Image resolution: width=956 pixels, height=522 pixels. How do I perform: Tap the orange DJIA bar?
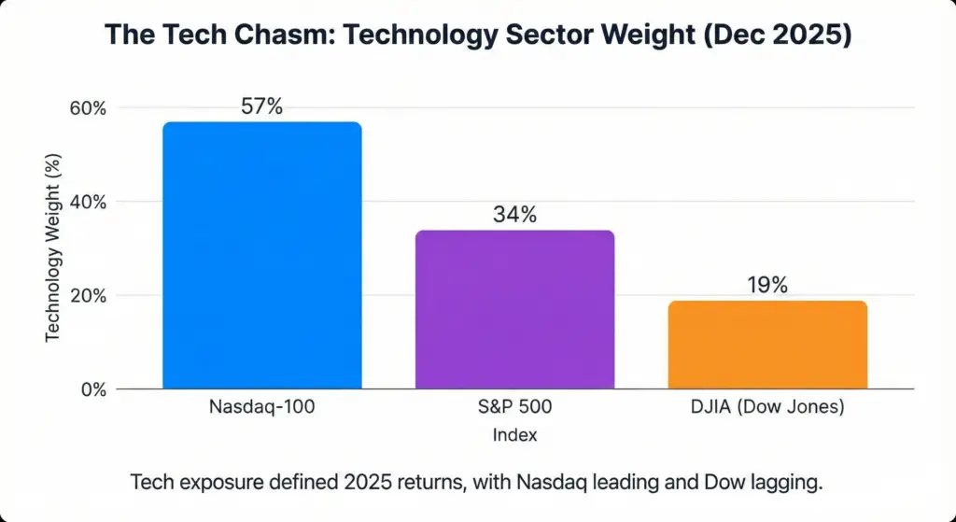(x=767, y=345)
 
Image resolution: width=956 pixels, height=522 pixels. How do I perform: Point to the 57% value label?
(x=261, y=106)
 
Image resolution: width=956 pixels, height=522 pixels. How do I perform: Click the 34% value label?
(x=514, y=215)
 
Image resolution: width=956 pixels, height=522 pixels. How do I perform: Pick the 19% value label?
(x=767, y=286)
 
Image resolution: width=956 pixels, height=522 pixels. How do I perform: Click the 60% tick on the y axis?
(x=89, y=108)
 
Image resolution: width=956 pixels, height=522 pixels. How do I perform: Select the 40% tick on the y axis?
(x=89, y=202)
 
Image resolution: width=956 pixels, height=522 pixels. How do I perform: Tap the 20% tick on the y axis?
(x=89, y=296)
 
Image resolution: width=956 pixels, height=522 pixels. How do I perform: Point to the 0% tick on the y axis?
(x=93, y=389)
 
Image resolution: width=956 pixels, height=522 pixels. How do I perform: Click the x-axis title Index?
(x=514, y=435)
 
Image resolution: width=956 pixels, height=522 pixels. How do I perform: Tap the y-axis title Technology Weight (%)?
(x=53, y=248)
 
